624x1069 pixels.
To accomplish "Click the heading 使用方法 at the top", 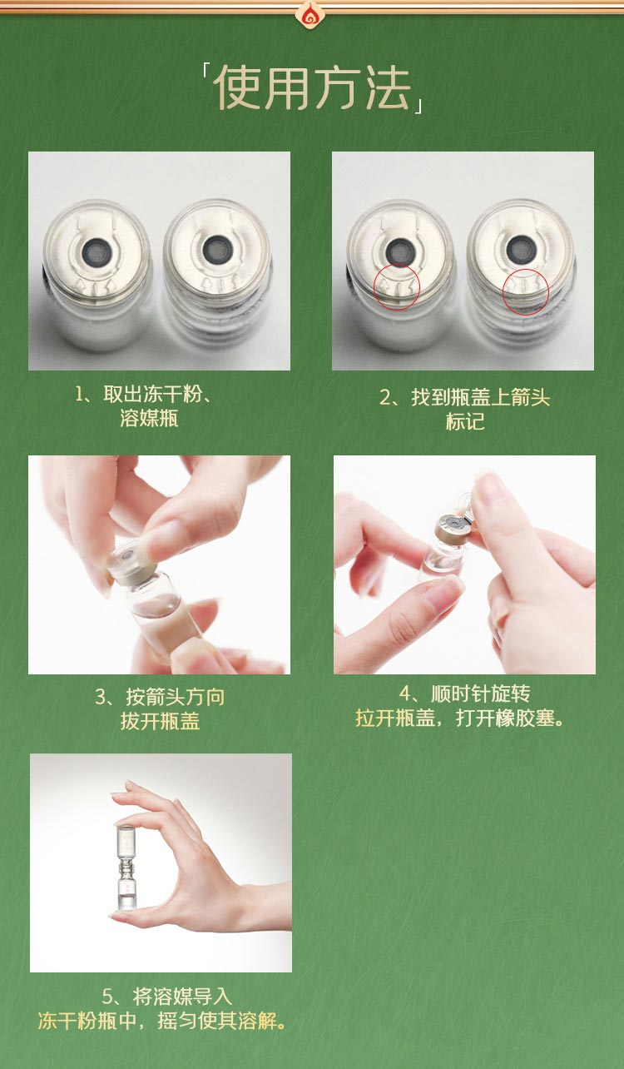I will (x=312, y=87).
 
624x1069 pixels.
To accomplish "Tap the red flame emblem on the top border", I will (x=311, y=12).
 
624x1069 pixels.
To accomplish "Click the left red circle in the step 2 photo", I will (x=397, y=287).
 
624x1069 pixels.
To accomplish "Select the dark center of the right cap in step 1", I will (x=218, y=247).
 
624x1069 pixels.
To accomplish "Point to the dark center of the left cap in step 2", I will (x=401, y=248).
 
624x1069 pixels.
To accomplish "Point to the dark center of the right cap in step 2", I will (x=521, y=247).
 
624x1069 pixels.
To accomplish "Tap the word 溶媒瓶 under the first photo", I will (x=149, y=418).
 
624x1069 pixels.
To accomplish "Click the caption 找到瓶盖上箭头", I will (x=480, y=397).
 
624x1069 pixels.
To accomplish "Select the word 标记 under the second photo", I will (x=464, y=421).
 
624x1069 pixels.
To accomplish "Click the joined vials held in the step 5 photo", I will (x=126, y=866).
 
